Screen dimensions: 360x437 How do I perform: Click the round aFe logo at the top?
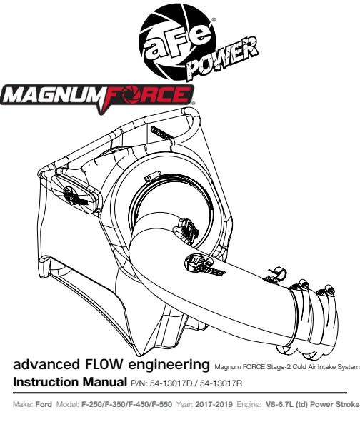[177, 42]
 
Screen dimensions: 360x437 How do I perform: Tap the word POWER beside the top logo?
[223, 58]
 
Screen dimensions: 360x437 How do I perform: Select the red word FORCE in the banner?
[147, 96]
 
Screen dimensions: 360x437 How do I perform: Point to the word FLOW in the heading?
[101, 365]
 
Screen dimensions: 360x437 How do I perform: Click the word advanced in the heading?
[46, 365]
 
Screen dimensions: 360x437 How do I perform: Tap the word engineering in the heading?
[168, 366]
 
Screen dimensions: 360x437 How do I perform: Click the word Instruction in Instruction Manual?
[46, 382]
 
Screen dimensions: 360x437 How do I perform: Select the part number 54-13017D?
[171, 383]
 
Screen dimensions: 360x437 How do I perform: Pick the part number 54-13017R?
[221, 383]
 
